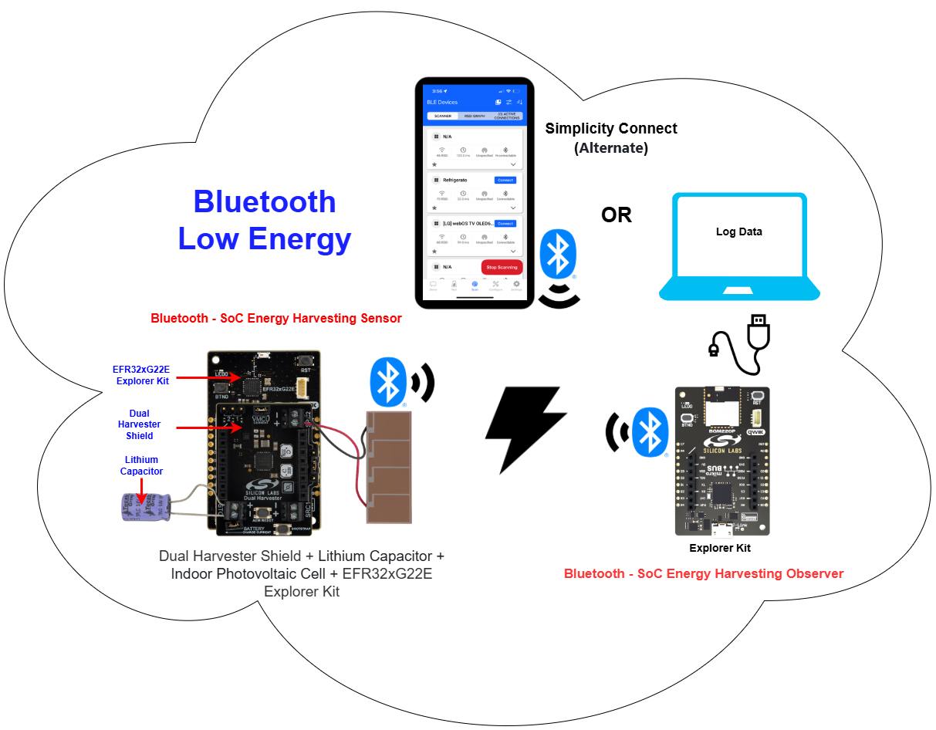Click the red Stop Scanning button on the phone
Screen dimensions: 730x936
(x=502, y=267)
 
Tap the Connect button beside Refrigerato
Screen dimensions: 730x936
(x=505, y=180)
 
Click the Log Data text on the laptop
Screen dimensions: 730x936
(x=738, y=232)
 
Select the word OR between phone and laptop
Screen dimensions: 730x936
(x=617, y=215)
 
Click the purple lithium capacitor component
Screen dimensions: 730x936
(x=143, y=505)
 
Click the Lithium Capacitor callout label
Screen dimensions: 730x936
(x=141, y=465)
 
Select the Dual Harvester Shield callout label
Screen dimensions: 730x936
(x=139, y=424)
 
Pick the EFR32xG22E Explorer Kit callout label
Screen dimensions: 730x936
(x=141, y=374)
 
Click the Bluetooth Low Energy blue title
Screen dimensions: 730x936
(x=265, y=220)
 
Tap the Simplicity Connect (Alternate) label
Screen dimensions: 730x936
(x=611, y=137)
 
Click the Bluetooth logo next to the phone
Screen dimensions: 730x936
(x=556, y=255)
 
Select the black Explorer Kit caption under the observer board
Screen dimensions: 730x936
(x=719, y=548)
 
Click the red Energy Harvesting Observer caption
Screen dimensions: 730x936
(x=703, y=573)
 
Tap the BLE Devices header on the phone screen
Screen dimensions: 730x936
(x=442, y=102)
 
